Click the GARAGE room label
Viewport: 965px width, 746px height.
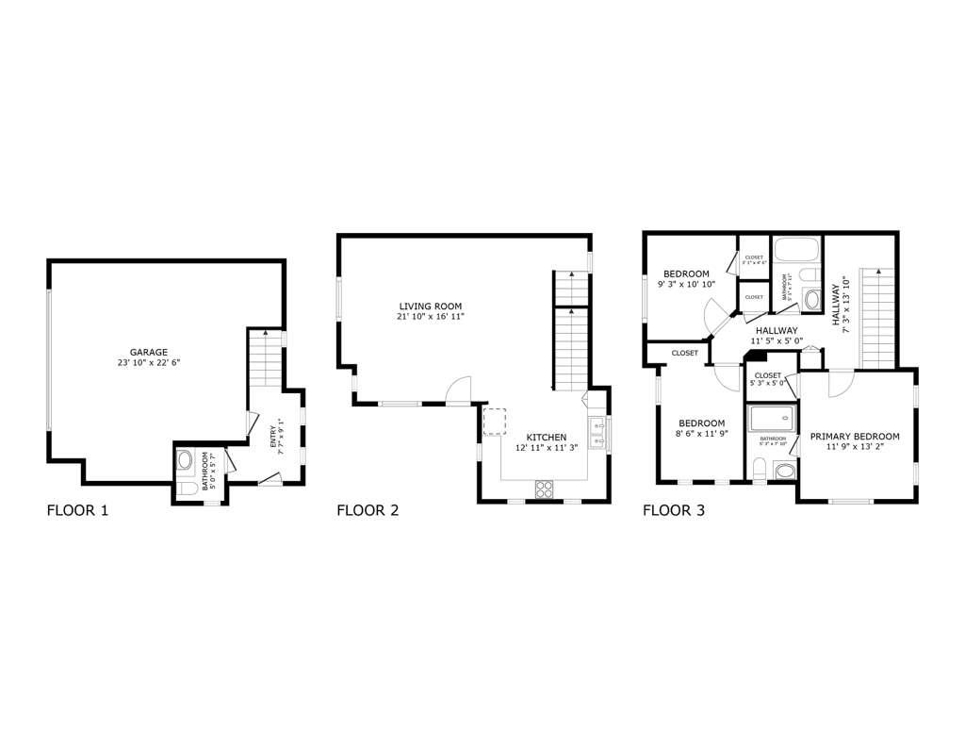(x=149, y=352)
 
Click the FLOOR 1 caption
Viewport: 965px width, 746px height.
(x=77, y=511)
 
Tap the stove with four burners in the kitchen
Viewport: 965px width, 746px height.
(x=545, y=489)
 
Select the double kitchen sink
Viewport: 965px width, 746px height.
(x=597, y=433)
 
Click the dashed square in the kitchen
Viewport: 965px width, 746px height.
(x=495, y=422)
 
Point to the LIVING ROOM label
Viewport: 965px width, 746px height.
(x=431, y=306)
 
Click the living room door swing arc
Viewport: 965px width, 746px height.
(x=459, y=388)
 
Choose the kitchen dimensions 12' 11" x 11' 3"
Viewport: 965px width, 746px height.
(x=547, y=449)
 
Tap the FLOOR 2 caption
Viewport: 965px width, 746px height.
(x=368, y=511)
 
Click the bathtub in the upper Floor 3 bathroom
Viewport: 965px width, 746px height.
(x=797, y=252)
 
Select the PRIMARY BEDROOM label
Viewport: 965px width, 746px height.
(x=855, y=437)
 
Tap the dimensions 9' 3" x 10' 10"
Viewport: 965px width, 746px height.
(x=686, y=284)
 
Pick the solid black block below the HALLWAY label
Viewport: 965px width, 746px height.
(x=755, y=356)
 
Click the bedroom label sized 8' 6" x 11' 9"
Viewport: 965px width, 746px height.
(x=702, y=423)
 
